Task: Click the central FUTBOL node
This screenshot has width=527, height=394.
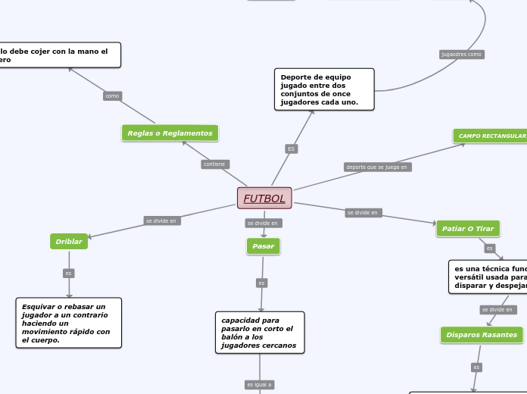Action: (x=264, y=199)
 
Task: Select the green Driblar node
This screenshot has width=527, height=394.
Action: (x=69, y=242)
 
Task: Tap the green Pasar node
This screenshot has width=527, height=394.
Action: (x=263, y=246)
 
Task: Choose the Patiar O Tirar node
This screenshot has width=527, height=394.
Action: (x=468, y=229)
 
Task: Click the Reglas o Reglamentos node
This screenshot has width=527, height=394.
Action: (x=170, y=133)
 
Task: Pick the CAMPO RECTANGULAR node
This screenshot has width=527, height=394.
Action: (x=491, y=136)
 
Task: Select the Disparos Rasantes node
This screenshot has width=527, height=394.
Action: (x=482, y=335)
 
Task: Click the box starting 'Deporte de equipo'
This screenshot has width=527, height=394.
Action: (x=324, y=89)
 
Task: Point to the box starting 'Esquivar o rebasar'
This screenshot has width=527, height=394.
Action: (x=68, y=323)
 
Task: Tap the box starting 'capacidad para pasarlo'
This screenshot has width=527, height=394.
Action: (x=260, y=333)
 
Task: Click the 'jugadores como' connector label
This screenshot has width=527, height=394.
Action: (x=462, y=55)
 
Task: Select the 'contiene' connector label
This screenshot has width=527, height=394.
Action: (x=215, y=164)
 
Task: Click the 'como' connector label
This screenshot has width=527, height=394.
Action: (x=112, y=96)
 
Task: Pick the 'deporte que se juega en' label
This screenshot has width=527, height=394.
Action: (x=377, y=167)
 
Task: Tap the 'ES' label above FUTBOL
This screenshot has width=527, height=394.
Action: (x=291, y=149)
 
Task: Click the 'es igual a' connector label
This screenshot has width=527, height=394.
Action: (x=259, y=385)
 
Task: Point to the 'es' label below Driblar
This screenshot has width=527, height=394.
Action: (x=69, y=274)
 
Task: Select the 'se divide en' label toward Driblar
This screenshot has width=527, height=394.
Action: (x=161, y=221)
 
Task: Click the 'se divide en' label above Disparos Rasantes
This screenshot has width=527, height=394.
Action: (x=497, y=310)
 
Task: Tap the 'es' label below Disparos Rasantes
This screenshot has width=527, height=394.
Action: (x=476, y=367)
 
